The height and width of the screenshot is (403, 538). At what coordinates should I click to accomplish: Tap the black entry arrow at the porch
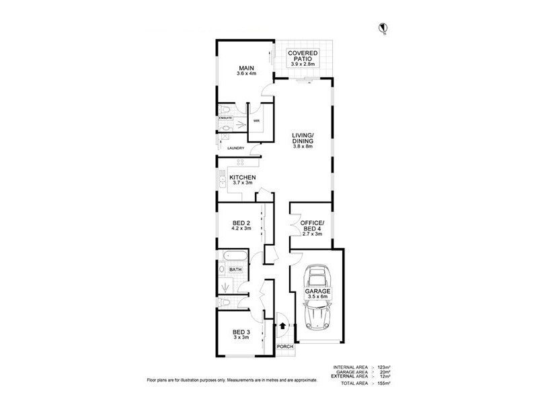282,327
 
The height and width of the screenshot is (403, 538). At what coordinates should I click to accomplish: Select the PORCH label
285,347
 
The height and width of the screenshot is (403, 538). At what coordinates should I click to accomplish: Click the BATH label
235,270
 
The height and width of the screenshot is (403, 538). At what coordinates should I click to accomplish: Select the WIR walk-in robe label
256,122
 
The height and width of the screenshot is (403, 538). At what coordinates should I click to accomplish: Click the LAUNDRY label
235,148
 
